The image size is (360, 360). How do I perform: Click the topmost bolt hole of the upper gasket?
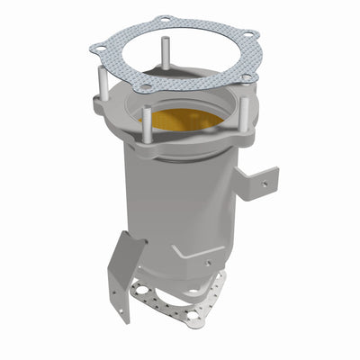pos(163,19)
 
